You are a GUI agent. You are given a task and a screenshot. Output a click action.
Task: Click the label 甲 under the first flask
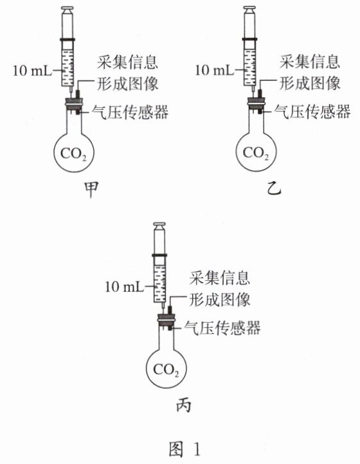click(91, 190)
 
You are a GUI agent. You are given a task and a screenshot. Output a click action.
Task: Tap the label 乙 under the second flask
click(274, 188)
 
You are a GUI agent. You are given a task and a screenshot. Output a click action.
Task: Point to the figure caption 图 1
click(184, 449)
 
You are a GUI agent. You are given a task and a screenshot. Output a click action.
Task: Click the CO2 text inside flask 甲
click(74, 154)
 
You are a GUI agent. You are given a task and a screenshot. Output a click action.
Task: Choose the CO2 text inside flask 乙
click(256, 154)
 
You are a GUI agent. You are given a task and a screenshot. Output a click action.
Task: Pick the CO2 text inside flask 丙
click(166, 370)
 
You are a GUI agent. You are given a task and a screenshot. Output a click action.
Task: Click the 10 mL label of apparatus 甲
click(32, 71)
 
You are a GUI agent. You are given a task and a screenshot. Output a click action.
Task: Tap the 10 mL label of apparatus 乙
click(214, 71)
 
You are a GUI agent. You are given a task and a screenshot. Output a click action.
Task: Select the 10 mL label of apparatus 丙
click(124, 287)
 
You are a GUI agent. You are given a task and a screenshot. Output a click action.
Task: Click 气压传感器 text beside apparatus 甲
click(130, 112)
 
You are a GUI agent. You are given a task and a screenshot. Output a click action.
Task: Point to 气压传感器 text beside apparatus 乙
click(312, 112)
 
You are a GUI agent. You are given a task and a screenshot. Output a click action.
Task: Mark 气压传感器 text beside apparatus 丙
click(222, 328)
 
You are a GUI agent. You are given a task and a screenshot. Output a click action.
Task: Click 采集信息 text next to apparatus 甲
click(127, 62)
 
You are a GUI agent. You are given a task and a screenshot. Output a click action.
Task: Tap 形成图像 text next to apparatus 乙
click(310, 83)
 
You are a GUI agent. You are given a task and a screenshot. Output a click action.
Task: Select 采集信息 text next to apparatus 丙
click(220, 278)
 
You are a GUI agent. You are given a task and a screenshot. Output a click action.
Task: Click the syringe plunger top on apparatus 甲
click(67, 9)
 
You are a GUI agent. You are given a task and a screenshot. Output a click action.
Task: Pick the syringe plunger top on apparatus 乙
click(249, 9)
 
